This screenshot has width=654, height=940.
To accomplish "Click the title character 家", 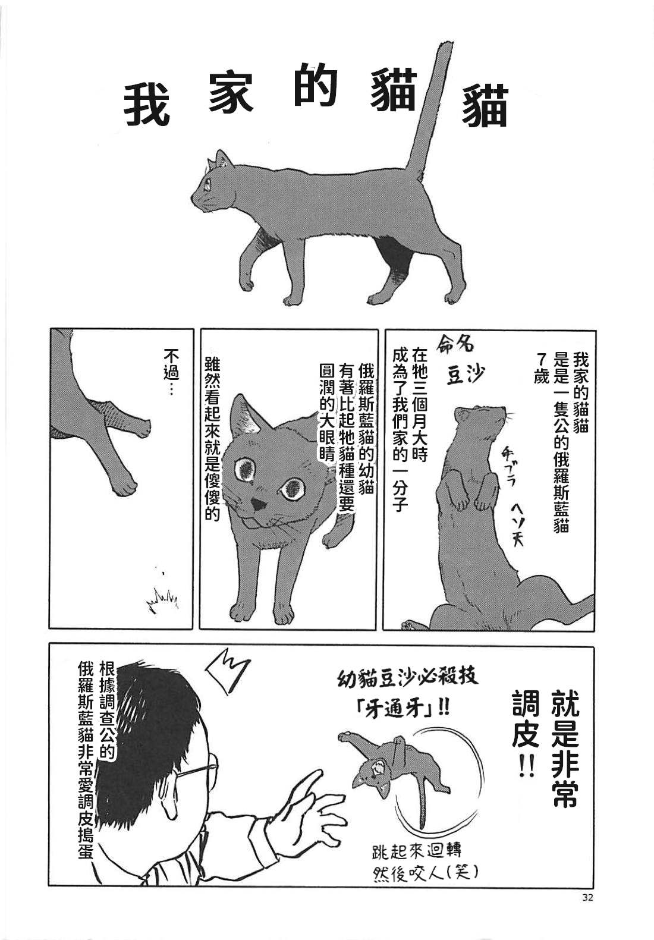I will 232,96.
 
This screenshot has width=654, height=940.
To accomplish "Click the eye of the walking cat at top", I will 207,184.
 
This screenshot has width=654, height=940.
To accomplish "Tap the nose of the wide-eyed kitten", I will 257,505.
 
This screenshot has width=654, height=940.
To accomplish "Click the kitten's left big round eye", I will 245,469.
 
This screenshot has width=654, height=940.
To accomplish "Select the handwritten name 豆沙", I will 466,375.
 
